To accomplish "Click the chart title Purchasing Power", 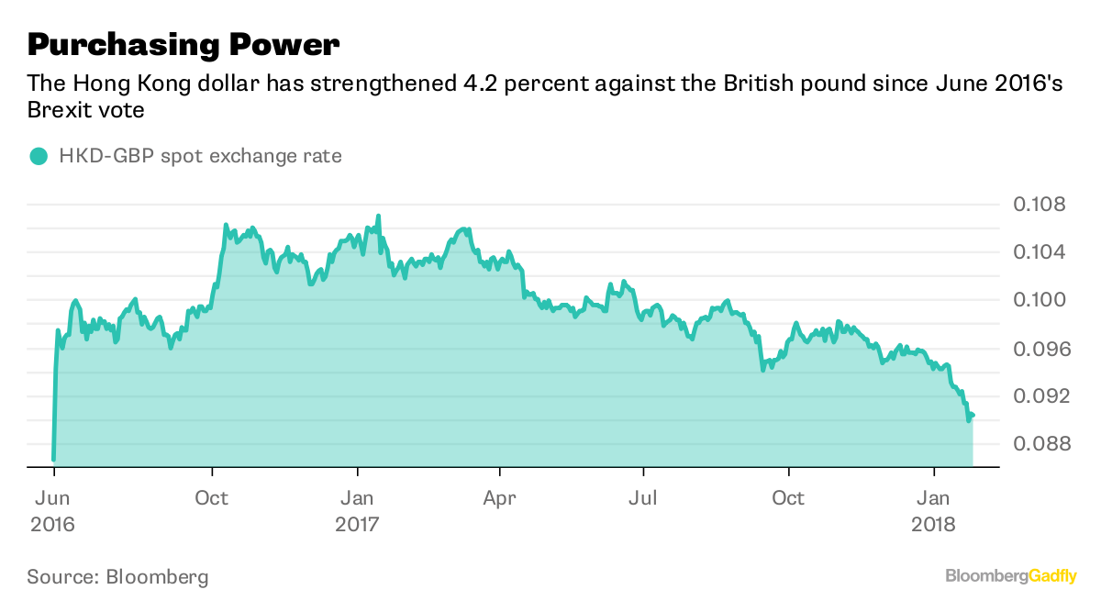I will coord(183,43).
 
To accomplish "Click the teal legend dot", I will coord(38,156).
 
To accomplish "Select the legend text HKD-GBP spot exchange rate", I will coord(200,156).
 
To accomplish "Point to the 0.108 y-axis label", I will coord(1040,204).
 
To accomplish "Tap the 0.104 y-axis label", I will coord(1040,251).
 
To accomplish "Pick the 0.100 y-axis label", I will coord(1040,300).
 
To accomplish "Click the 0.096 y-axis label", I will coord(1040,349).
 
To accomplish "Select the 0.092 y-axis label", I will coord(1040,396).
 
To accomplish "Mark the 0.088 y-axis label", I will coord(1040,444).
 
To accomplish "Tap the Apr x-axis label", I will coord(499,498).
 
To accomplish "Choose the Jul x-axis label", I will coord(643,498).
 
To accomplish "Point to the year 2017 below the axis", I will coord(357,525).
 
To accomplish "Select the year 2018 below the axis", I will coord(934,525).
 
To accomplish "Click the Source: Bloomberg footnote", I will coord(117,577).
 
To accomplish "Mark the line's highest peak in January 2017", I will coord(378,216).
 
